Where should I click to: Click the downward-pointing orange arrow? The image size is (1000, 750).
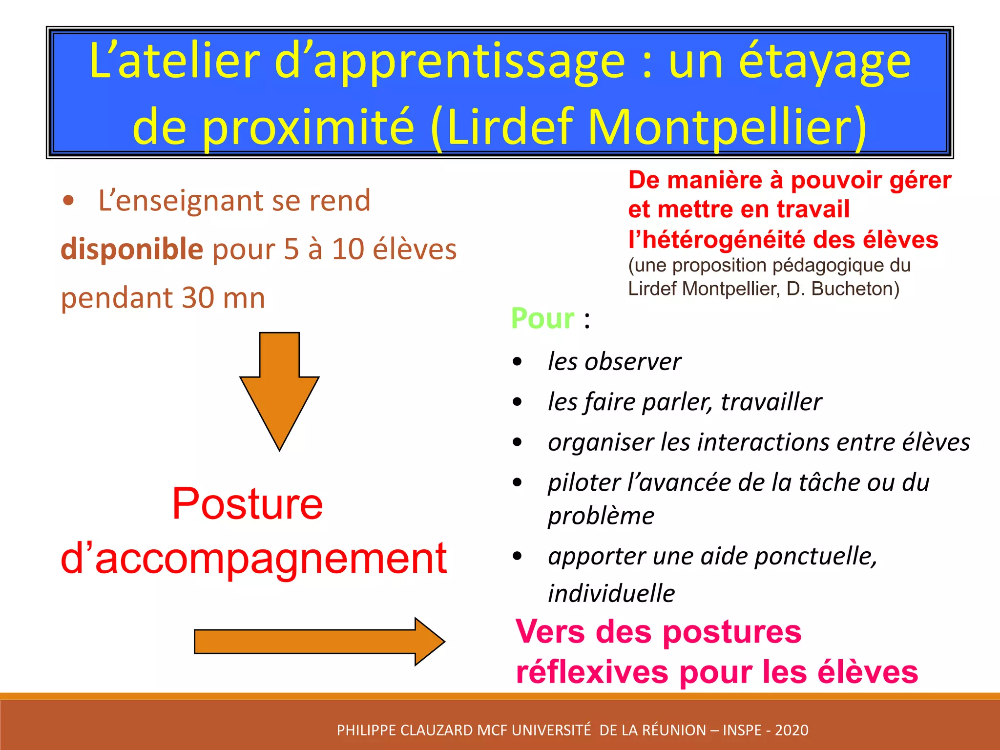[x=279, y=386]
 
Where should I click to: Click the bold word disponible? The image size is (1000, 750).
[x=132, y=249]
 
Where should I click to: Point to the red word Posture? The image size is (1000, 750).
[x=248, y=504]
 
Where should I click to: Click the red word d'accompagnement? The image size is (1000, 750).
[x=254, y=558]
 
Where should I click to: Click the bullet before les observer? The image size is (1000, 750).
[x=518, y=362]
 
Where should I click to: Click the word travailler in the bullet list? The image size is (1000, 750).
[x=771, y=402]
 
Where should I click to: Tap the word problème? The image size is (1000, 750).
[x=601, y=516]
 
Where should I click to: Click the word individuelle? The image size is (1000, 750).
[x=611, y=594]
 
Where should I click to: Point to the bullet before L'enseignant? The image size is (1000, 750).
[x=69, y=201]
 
